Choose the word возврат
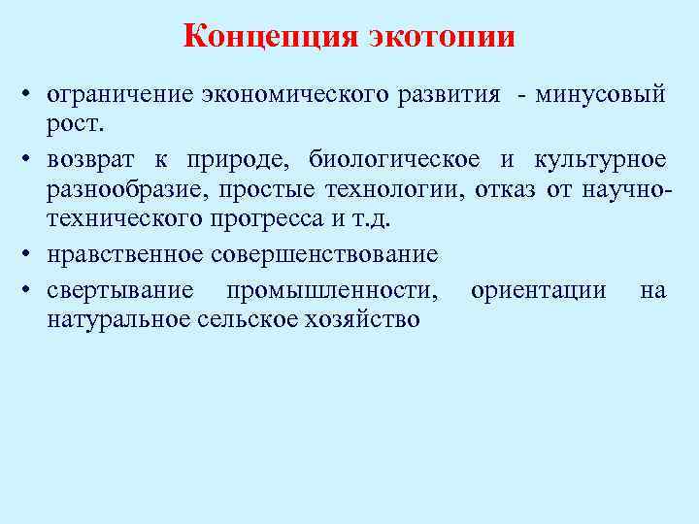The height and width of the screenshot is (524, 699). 92,159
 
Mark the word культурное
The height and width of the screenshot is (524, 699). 599,159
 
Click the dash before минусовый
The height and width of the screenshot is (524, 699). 523,96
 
